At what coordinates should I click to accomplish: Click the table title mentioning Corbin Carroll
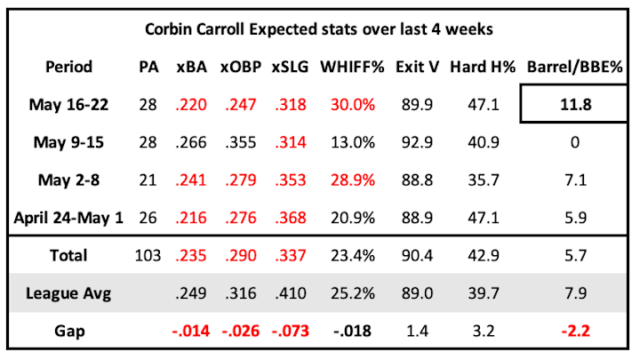pyautogui.click(x=319, y=29)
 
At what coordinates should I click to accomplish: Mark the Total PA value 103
pyautogui.click(x=148, y=255)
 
